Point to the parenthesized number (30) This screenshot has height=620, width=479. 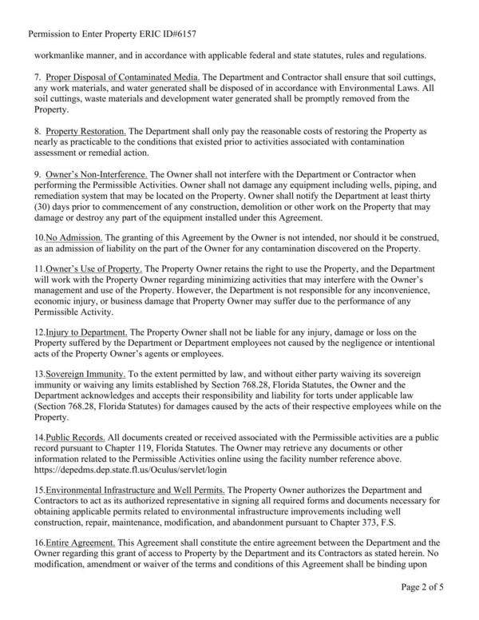(42, 207)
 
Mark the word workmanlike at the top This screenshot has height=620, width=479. (59, 55)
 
